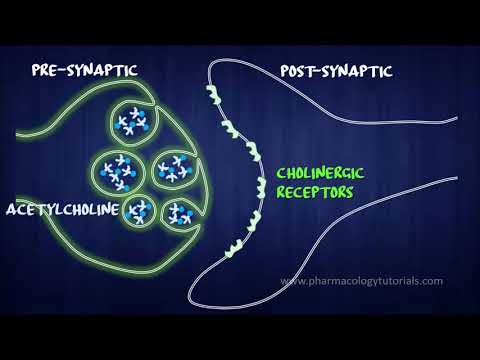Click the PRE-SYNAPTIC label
click(x=85, y=70)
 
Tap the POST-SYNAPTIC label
click(x=336, y=71)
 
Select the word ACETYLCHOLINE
click(x=63, y=209)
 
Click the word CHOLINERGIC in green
click(x=320, y=173)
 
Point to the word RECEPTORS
click(x=315, y=192)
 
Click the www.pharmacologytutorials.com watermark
click(x=362, y=281)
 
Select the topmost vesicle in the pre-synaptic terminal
click(x=132, y=122)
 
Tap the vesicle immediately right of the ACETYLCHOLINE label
click(x=139, y=212)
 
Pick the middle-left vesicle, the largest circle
click(x=118, y=173)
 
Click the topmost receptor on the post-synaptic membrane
click(x=214, y=94)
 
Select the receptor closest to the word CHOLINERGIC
click(x=261, y=188)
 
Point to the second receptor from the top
click(x=230, y=129)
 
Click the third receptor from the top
click(x=253, y=151)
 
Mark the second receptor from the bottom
click(x=254, y=221)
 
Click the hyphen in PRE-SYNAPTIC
click(x=64, y=70)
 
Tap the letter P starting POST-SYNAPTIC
click(x=284, y=71)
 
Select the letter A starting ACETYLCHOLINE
click(x=11, y=210)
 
